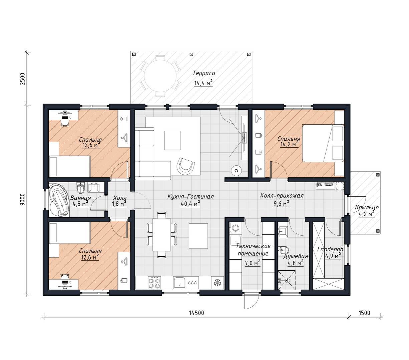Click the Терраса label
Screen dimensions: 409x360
[204, 73]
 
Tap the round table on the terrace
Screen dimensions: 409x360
[160, 76]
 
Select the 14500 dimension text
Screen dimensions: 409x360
[196, 313]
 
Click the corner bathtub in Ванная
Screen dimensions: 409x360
[58, 200]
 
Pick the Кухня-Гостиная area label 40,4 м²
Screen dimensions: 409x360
[190, 204]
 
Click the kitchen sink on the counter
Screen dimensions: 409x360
[179, 283]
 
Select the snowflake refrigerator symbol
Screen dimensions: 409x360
[218, 283]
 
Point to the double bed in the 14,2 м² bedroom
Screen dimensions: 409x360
[323, 143]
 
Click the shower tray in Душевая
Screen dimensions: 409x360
[287, 280]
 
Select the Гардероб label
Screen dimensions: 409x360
[330, 249]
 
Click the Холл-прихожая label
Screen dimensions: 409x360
[282, 196]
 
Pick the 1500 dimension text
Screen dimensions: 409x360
[365, 313]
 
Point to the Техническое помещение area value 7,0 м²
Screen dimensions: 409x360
[252, 263]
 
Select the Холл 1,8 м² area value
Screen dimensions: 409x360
[119, 204]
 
